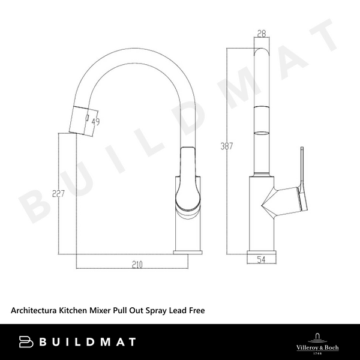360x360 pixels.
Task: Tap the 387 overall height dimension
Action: [x=226, y=146]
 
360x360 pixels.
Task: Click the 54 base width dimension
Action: [x=261, y=259]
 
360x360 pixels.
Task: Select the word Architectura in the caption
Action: [x=34, y=310]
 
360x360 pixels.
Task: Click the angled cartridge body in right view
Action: [x=279, y=201]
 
